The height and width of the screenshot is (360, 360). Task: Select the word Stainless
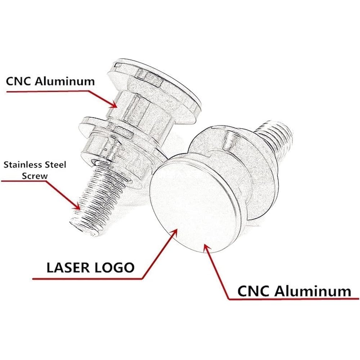(x=22, y=165)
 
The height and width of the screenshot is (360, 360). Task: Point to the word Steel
(x=55, y=165)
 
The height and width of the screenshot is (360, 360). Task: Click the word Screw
(x=35, y=176)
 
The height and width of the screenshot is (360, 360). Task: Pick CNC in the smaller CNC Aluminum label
(x=19, y=81)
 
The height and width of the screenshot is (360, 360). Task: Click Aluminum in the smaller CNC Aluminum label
(x=65, y=81)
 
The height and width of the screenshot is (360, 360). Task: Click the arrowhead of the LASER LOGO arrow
(x=174, y=232)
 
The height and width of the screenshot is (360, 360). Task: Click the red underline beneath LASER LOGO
(x=87, y=279)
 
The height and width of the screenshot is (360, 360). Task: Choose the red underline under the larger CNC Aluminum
(x=294, y=299)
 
